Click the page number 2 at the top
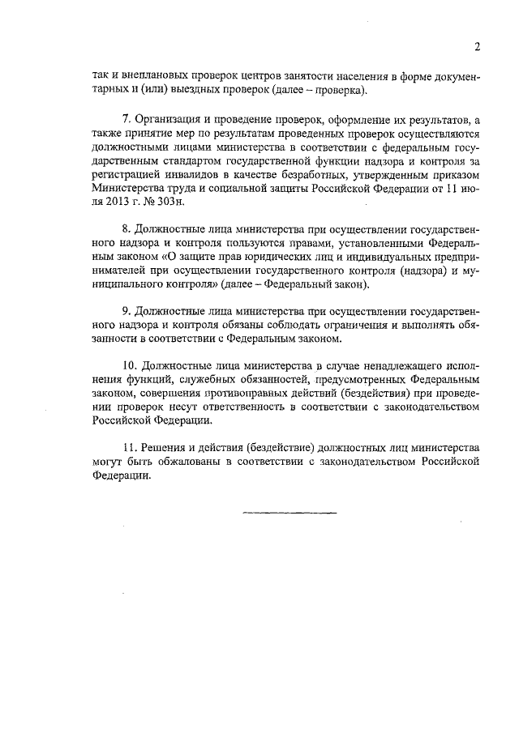coord(478,47)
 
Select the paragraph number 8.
coord(125,230)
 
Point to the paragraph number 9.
coord(125,310)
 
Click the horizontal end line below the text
coord(289,513)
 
